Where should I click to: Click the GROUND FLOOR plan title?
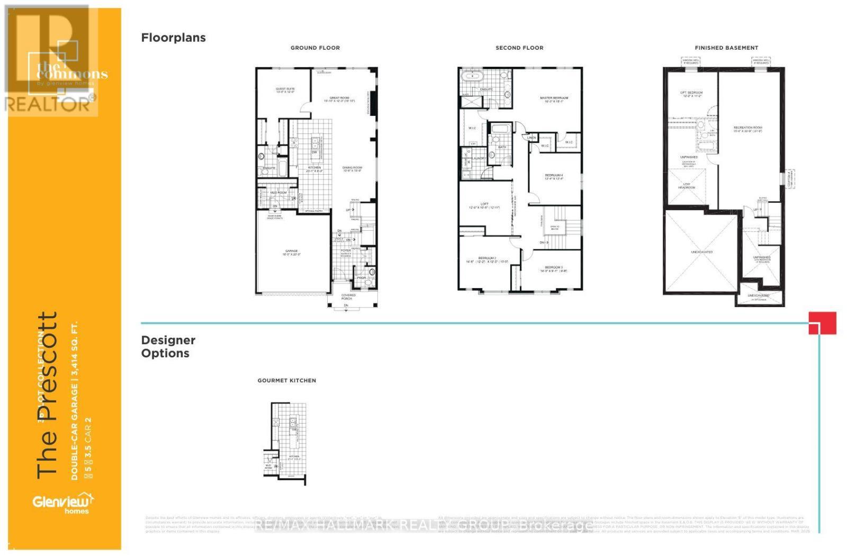click(x=315, y=48)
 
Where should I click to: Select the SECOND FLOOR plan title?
click(x=519, y=48)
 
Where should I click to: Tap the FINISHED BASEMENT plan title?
click(x=726, y=48)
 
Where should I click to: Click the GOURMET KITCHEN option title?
click(x=286, y=380)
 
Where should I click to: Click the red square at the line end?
click(x=822, y=323)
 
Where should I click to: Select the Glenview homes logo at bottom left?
click(x=62, y=503)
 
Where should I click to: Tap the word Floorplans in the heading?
click(x=173, y=38)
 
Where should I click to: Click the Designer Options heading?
click(x=168, y=347)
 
